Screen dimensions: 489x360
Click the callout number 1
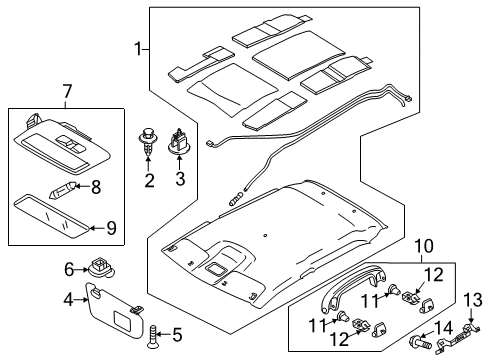137,49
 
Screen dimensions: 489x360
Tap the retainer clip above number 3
179,141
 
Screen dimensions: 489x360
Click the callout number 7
67,92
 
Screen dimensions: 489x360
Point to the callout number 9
111,228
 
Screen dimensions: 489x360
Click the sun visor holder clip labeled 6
101,268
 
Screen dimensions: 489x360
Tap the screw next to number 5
152,337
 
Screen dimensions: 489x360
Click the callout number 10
424,246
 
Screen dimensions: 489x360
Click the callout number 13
473,299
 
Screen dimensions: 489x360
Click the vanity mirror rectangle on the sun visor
122,318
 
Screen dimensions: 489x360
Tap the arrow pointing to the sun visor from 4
80,300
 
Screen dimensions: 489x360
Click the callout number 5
177,335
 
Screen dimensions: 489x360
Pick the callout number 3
180,179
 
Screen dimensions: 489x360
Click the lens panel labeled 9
51,217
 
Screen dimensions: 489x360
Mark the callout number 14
443,327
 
